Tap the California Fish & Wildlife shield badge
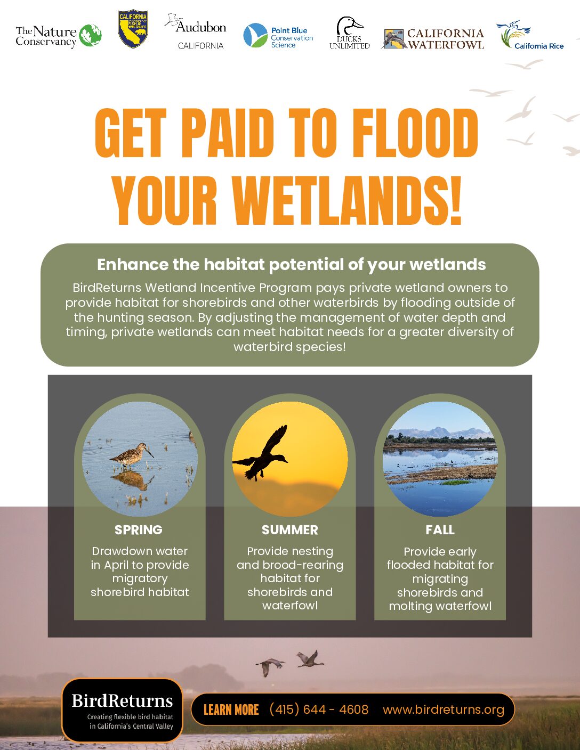pyautogui.click(x=133, y=29)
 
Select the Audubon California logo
pyautogui.click(x=196, y=31)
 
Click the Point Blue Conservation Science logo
pyautogui.click(x=278, y=36)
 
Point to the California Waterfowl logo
pyautogui.click(x=434, y=38)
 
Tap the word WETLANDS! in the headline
pyautogui.click(x=347, y=200)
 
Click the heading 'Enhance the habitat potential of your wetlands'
pyautogui.click(x=291, y=265)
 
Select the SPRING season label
pyautogui.click(x=139, y=530)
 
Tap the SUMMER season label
pyautogui.click(x=290, y=530)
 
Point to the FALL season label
pyautogui.click(x=440, y=530)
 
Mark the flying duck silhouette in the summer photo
pyautogui.click(x=262, y=453)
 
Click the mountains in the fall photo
pyautogui.click(x=440, y=433)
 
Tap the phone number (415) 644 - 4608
pyautogui.click(x=319, y=710)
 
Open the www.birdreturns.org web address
pyautogui.click(x=444, y=710)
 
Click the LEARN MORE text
pyautogui.click(x=231, y=710)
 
